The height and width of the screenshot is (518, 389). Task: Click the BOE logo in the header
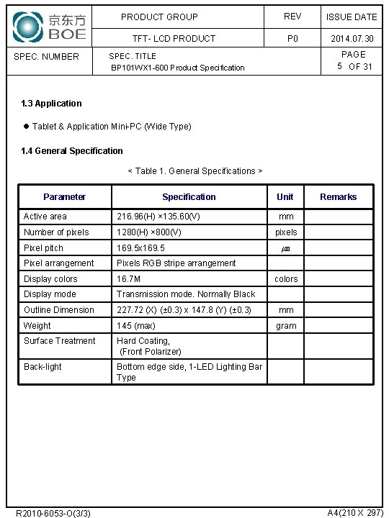pos(50,27)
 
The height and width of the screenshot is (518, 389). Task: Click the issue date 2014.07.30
pos(352,39)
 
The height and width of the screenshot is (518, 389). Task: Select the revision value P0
pos(292,39)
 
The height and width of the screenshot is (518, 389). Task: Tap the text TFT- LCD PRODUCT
pos(174,39)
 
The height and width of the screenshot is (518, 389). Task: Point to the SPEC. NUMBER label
pos(47,57)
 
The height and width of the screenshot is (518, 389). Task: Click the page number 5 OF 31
pos(354,67)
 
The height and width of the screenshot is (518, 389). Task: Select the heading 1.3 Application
pos(51,104)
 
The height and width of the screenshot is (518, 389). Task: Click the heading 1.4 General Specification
pos(72,151)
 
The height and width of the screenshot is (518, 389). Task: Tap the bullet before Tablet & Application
pos(26,127)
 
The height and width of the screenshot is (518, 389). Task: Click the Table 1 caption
pos(194,171)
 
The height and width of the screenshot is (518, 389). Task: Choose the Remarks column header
pos(338,197)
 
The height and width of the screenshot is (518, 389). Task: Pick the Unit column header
pos(285,197)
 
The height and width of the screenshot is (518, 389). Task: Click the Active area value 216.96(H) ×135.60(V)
pos(158,217)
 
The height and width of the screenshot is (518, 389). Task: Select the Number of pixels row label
pos(56,232)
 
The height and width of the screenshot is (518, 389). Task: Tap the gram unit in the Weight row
pos(286,326)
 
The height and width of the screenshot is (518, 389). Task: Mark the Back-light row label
pos(43,367)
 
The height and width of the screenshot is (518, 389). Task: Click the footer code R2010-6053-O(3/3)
pos(53,513)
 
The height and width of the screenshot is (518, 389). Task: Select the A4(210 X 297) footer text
pos(355,512)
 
